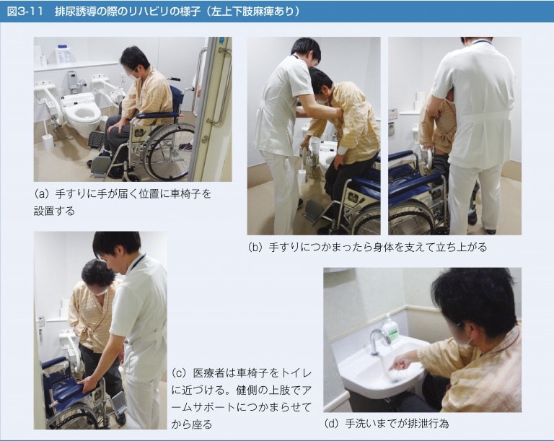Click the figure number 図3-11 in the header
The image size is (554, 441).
tap(25, 12)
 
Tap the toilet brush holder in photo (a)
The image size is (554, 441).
tap(47, 142)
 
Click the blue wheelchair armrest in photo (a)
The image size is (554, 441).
tap(157, 115)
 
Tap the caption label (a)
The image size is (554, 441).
tap(40, 194)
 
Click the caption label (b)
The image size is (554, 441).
tap(255, 247)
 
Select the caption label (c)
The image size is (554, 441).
tap(179, 372)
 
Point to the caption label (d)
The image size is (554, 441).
tap(332, 423)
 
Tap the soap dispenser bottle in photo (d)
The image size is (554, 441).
tap(390, 327)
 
